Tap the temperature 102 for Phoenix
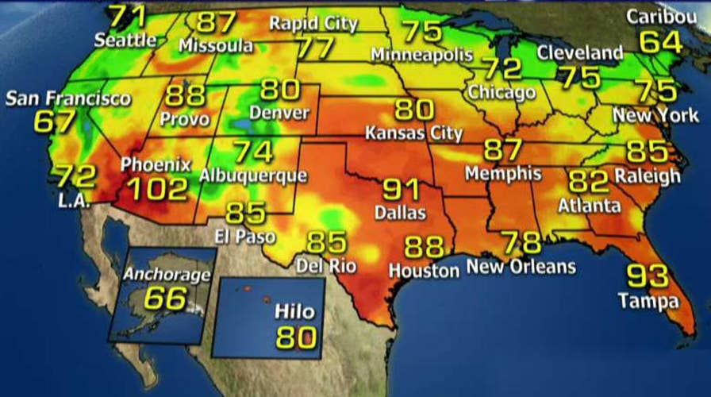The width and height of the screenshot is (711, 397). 155,189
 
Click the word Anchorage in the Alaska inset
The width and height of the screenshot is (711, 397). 167,275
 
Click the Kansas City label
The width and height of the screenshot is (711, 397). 413,133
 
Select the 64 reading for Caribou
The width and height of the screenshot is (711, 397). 662,41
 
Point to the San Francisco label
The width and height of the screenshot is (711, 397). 68,99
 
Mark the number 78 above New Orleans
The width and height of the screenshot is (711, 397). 521,241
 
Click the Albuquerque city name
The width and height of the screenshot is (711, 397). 253,174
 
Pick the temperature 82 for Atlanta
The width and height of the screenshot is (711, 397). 589,182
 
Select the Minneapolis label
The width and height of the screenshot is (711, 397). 422,56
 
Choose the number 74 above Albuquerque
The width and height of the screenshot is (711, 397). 252,150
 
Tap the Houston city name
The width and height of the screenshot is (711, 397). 424,271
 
